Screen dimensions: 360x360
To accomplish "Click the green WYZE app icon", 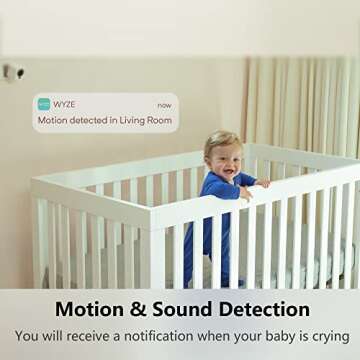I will coord(44,103).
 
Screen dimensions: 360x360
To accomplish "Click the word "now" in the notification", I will coord(164,103).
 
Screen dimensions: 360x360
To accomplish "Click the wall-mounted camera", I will coord(13,71).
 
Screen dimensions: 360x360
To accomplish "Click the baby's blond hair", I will coord(221,140).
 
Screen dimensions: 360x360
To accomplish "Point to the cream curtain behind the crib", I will coord(300,110).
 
